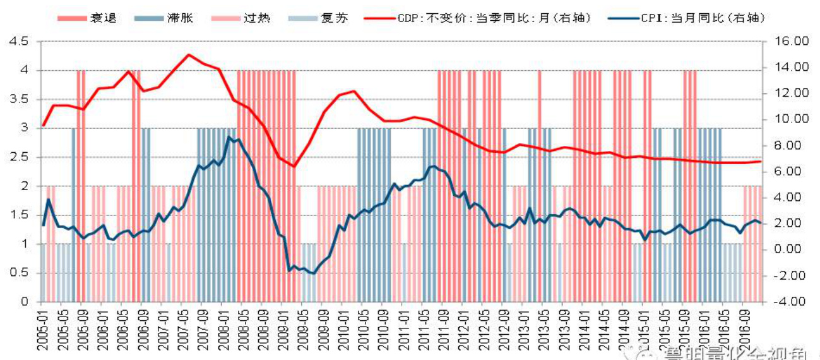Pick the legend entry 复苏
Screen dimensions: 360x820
[328, 18]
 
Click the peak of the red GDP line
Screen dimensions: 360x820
[188, 55]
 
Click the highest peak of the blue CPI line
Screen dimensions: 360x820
[230, 137]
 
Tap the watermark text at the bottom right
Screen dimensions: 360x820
[726, 352]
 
